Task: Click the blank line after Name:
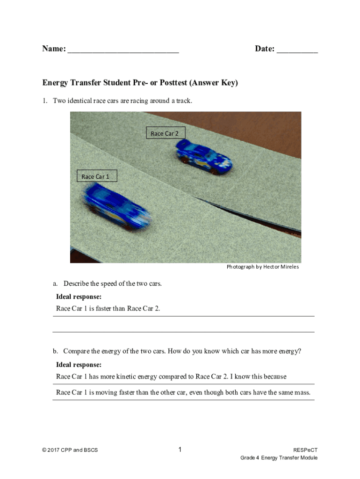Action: [123, 52]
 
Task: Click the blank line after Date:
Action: [297, 52]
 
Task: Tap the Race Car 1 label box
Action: [97, 176]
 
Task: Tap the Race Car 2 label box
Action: [166, 133]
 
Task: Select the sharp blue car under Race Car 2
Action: [203, 157]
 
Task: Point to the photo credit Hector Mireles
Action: [281, 267]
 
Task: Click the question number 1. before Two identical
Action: [45, 101]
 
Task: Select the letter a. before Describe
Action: [55, 283]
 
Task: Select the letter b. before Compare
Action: [55, 351]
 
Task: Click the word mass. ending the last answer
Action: [302, 392]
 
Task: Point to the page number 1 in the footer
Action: [180, 450]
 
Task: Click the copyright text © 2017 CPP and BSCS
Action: [70, 450]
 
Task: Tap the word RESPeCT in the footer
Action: [305, 450]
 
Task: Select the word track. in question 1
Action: [184, 101]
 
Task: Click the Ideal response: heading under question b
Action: [79, 365]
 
